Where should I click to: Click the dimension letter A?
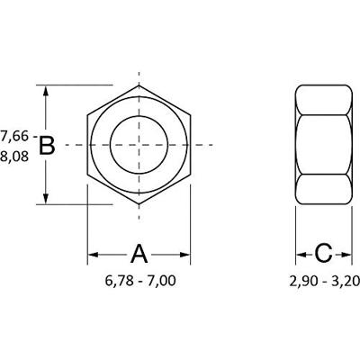139,253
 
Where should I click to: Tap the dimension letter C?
325,253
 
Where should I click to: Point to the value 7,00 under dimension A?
161,281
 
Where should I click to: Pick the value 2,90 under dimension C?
303,281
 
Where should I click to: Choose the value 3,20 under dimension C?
346,281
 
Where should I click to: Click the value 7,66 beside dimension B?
14,136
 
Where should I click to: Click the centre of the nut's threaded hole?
139,145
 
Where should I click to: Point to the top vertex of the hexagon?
139,85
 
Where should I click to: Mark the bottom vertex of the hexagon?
139,204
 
